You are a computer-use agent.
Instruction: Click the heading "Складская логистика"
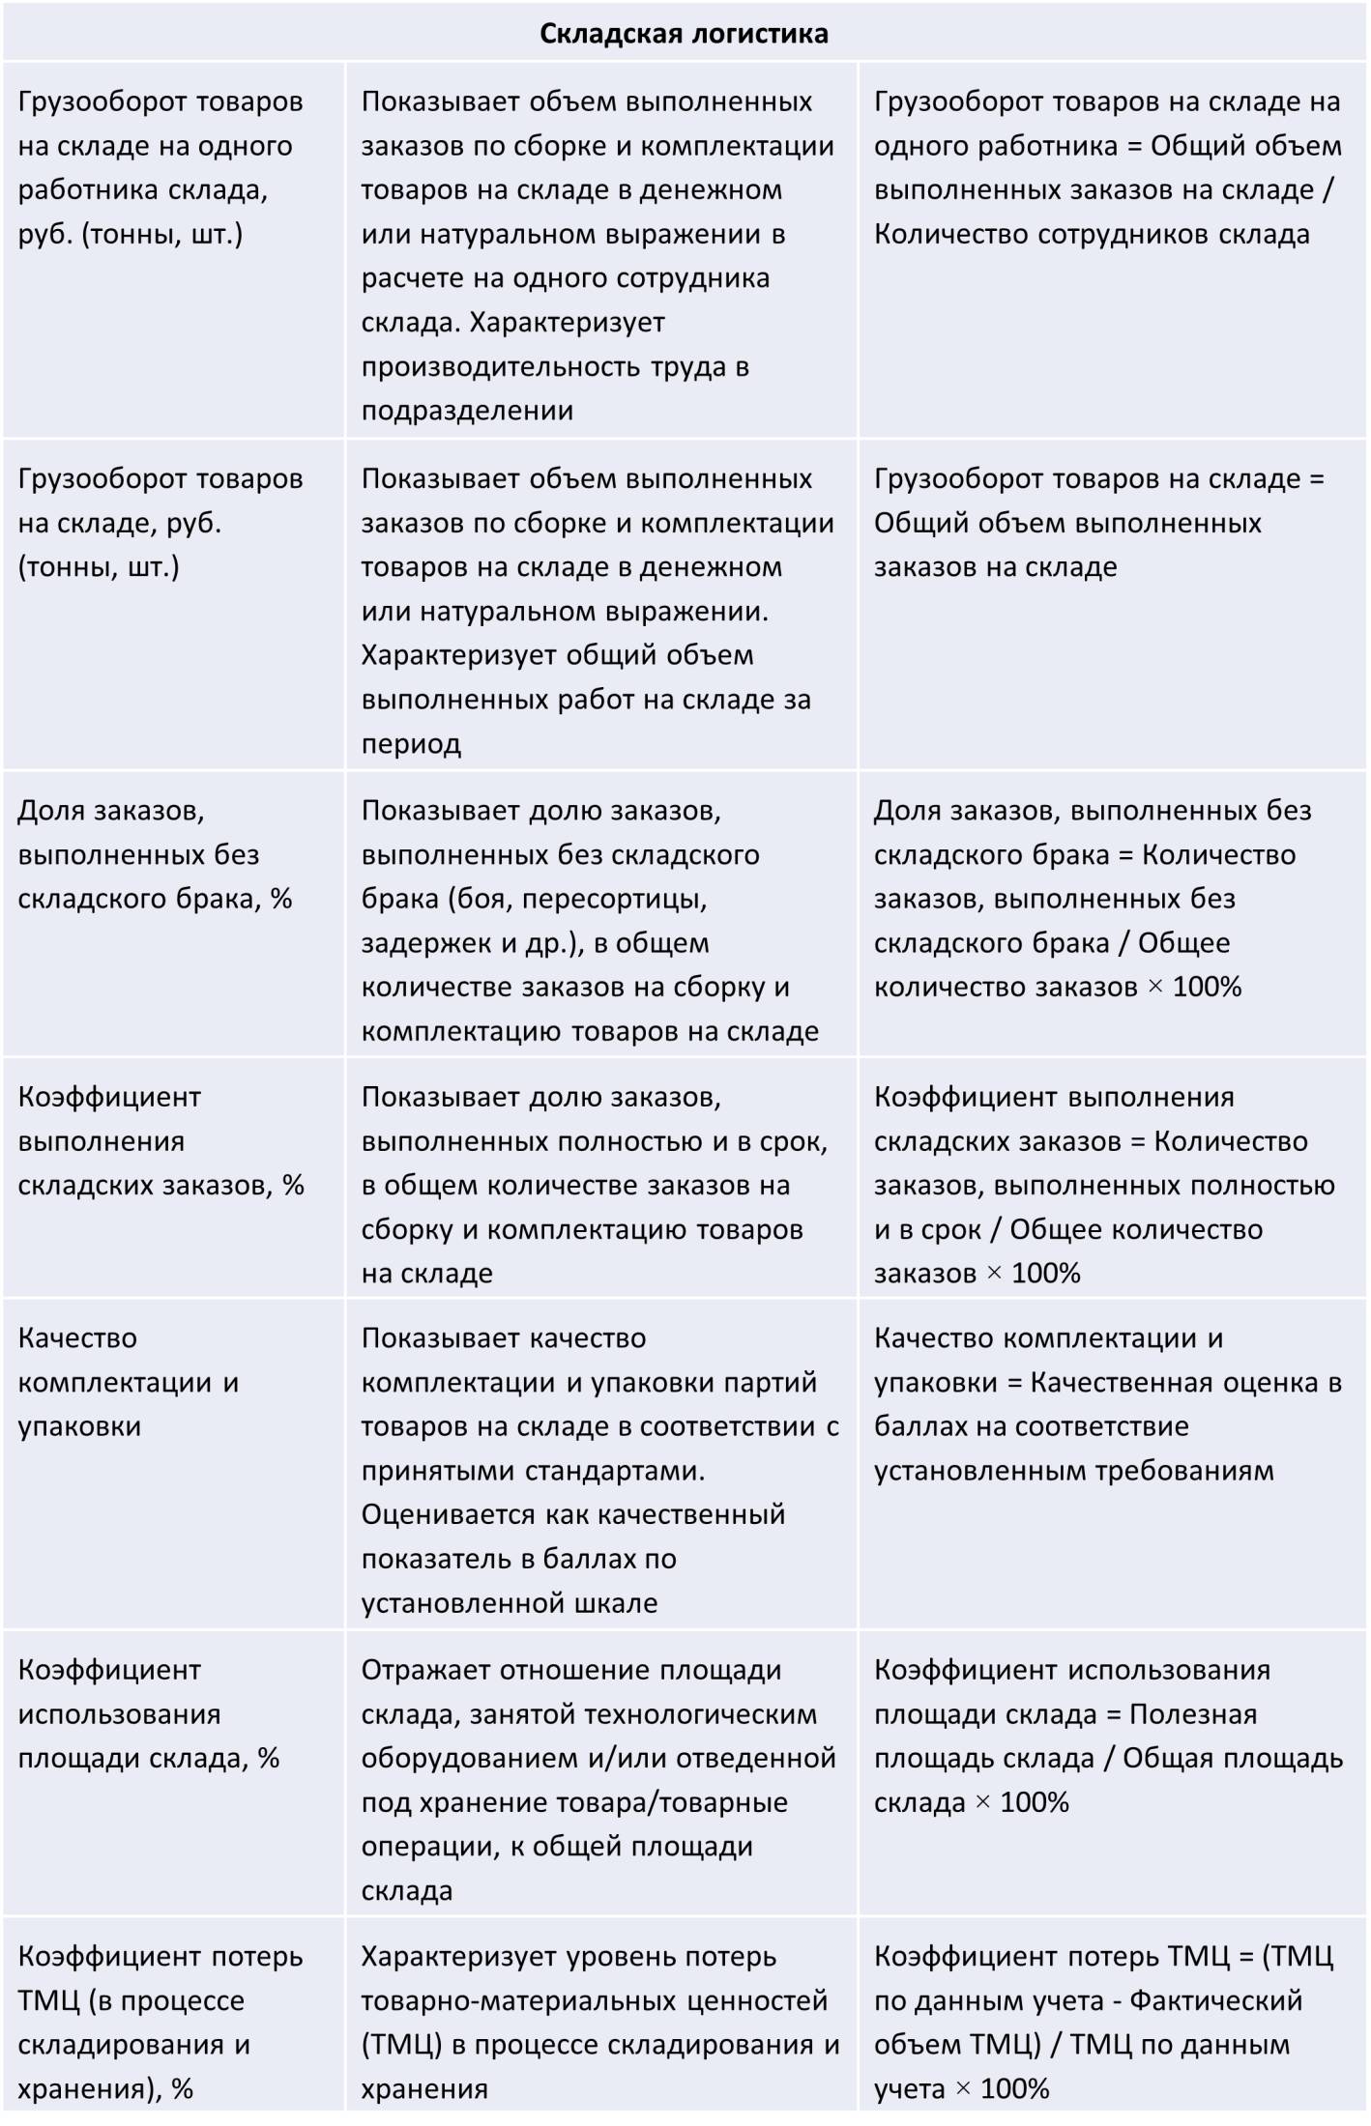(684, 34)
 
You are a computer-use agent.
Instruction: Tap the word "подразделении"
(467, 411)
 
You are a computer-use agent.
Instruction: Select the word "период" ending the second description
(411, 744)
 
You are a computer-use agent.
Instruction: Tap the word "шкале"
(616, 1603)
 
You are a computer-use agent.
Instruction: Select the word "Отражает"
(421, 1671)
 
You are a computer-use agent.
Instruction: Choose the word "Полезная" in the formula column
(1193, 1714)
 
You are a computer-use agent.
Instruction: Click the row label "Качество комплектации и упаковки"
(128, 1383)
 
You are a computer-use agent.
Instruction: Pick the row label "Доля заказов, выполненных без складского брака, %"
(155, 855)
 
